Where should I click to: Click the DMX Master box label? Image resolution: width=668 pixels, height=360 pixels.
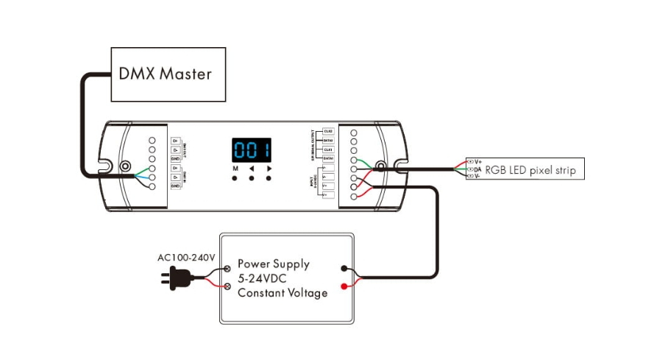(x=165, y=74)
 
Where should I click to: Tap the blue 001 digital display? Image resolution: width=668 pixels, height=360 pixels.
(x=252, y=150)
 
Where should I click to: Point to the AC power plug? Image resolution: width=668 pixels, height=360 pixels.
(x=177, y=277)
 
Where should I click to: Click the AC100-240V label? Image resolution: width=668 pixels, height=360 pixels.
(x=186, y=258)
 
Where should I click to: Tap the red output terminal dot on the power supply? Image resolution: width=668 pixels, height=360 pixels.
(x=344, y=286)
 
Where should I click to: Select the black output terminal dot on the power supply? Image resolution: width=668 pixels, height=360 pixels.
(x=344, y=269)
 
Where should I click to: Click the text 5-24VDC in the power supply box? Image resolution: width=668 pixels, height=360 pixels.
(x=262, y=279)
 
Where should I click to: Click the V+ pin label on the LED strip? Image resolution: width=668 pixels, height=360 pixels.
(x=478, y=161)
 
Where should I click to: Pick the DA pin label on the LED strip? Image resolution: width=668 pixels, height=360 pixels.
(x=478, y=169)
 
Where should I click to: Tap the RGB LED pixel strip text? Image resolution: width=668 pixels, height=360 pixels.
(x=530, y=171)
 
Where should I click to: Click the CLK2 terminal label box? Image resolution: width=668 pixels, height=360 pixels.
(x=328, y=131)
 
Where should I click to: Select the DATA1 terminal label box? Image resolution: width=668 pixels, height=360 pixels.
(x=328, y=158)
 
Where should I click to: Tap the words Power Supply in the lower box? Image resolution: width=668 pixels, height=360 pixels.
(x=273, y=264)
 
